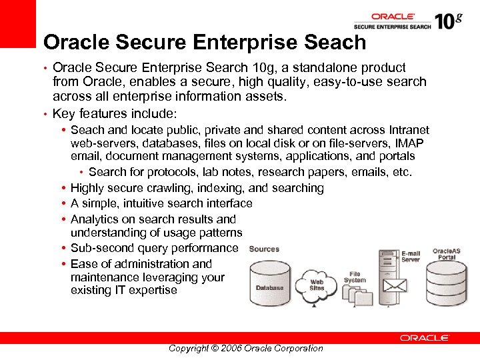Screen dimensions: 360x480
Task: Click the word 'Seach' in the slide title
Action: [334, 43]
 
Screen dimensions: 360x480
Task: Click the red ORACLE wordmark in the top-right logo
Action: [393, 17]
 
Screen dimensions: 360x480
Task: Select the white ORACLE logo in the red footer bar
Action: [424, 338]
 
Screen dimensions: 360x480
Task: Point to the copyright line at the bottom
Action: [245, 348]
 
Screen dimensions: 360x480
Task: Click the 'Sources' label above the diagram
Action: [264, 249]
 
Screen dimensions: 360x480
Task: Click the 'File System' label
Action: [355, 277]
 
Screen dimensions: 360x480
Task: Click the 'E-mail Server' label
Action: [411, 257]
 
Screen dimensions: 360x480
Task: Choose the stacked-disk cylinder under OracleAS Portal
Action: [448, 284]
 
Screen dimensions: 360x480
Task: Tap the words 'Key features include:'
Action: [114, 113]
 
